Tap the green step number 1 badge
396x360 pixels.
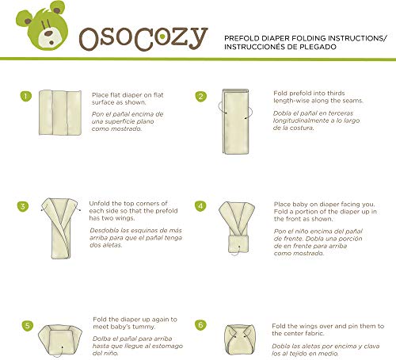[x=25, y=97]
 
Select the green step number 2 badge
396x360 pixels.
[x=201, y=97]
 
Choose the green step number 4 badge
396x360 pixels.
[x=201, y=206]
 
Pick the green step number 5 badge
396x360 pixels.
[x=29, y=324]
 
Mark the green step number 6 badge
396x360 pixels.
[x=201, y=324]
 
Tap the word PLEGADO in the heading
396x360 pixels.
[x=337, y=47]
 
